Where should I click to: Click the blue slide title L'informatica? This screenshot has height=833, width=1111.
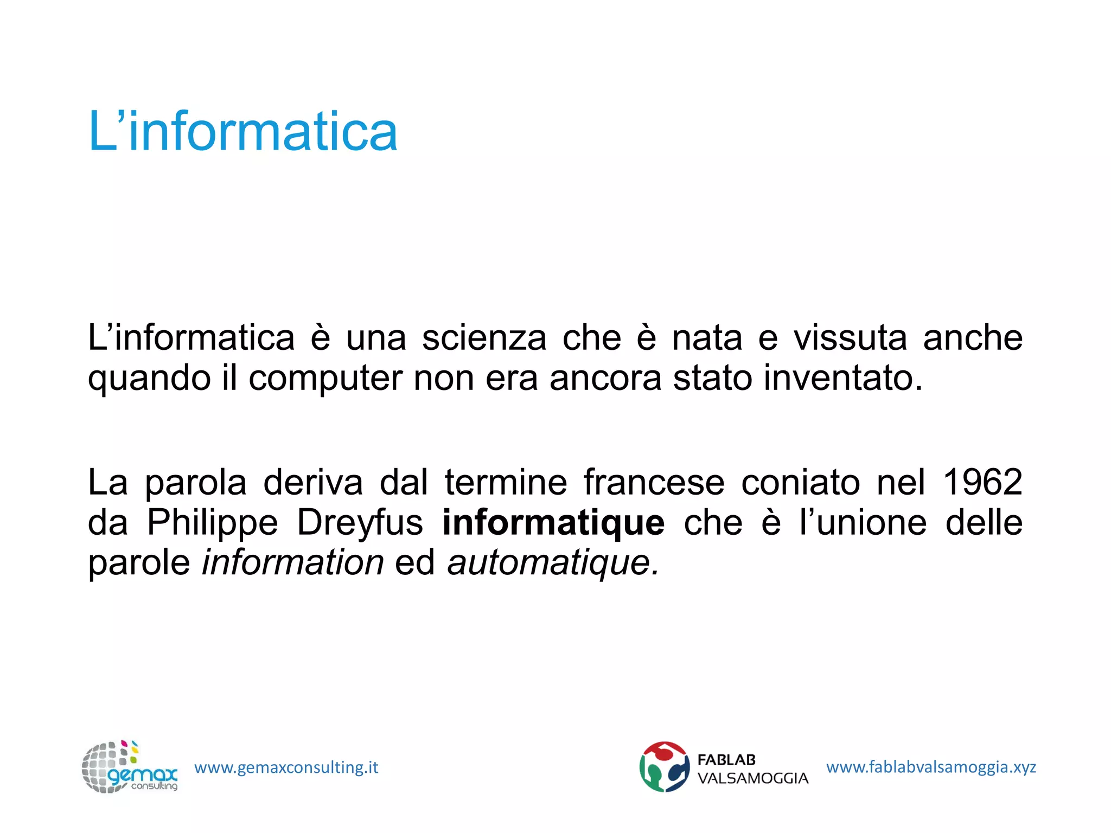tap(242, 132)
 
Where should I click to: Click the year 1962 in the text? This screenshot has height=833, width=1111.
tap(982, 482)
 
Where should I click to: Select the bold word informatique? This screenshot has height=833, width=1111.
tap(553, 522)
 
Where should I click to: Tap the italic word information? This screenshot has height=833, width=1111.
tap(293, 562)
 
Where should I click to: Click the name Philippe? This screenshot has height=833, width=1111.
tap(213, 522)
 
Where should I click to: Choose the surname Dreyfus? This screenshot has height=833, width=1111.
tap(360, 522)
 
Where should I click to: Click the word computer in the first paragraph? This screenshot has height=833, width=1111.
tap(325, 377)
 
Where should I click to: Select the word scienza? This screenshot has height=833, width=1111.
tap(484, 338)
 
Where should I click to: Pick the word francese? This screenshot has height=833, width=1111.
tap(654, 482)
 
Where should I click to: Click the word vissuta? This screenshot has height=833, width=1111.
tap(850, 338)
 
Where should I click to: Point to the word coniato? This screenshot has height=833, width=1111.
tap(800, 482)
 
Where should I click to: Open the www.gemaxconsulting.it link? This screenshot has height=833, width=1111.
tap(286, 767)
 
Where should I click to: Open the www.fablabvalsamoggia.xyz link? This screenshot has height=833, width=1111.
tap(931, 767)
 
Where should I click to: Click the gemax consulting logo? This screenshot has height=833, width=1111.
tap(129, 767)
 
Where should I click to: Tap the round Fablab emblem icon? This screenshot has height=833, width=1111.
tap(664, 767)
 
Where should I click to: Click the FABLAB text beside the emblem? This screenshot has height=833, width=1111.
tap(726, 760)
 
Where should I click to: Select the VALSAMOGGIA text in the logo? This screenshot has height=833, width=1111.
tap(752, 779)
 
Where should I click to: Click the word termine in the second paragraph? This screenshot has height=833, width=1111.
tap(506, 482)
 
